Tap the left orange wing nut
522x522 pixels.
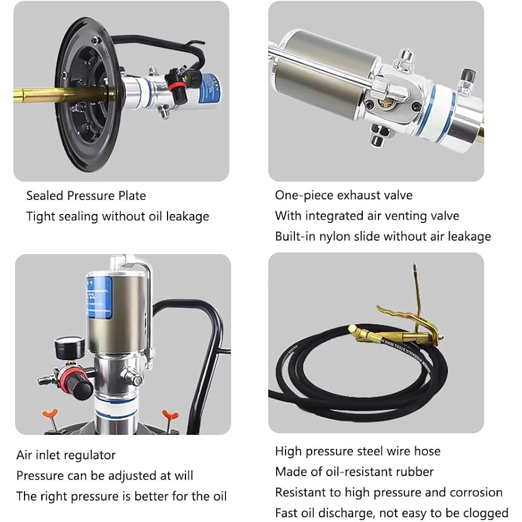pos(49,417)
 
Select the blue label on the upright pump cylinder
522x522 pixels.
pos(99,298)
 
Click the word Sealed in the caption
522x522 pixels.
pos(45,196)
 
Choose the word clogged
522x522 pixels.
pos(480,513)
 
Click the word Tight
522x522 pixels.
pos(40,216)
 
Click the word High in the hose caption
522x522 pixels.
pos(288,451)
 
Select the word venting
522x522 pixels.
pos(407,216)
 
